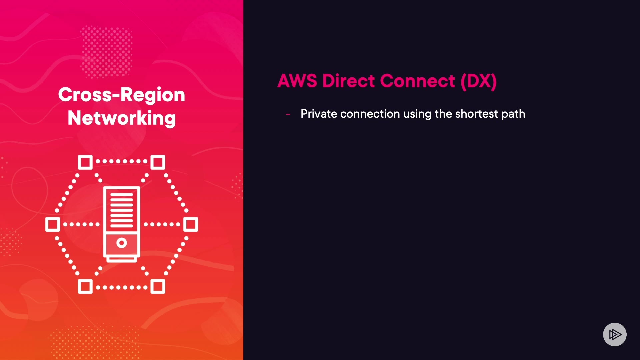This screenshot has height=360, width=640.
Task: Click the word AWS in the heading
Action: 297,81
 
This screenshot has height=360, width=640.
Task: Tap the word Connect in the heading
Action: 417,81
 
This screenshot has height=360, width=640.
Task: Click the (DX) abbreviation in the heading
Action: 479,81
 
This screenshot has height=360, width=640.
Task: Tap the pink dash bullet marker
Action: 288,114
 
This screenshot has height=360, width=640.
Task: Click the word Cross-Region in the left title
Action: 122,95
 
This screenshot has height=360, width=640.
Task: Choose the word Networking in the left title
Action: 122,118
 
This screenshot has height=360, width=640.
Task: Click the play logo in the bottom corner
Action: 615,334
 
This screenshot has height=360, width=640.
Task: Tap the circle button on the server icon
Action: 122,243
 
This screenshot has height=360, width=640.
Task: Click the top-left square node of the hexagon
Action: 85,162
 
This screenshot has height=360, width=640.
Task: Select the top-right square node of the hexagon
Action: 158,162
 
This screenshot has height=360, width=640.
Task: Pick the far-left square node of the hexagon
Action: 53,224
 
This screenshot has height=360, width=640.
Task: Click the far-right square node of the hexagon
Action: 191,224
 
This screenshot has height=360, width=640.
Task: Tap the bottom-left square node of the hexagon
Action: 85,286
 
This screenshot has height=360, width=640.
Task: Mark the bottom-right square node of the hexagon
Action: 158,286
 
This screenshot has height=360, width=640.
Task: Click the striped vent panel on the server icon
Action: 122,210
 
